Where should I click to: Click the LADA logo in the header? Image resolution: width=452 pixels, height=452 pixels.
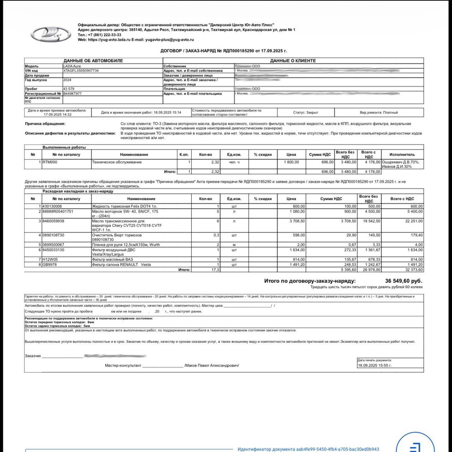46,34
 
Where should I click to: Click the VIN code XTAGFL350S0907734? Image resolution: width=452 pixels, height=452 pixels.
81,71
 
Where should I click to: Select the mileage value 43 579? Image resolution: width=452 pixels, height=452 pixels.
69,89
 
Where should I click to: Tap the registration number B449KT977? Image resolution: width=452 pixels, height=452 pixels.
72,94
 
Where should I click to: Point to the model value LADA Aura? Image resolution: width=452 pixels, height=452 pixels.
72,66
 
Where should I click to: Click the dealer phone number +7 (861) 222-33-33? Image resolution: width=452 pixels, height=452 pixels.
104,35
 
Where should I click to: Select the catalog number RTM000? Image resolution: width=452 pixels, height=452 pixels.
50,162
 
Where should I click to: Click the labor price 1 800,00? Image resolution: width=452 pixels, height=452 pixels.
291,162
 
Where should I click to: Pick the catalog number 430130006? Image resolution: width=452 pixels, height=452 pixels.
52,206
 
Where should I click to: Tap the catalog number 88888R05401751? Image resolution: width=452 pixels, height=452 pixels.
58,211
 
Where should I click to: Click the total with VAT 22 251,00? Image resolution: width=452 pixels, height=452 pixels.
414,221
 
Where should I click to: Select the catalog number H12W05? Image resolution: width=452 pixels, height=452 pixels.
50,260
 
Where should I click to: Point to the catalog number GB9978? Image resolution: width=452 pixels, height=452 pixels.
50,265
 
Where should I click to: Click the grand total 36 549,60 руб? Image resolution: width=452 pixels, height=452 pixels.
403,281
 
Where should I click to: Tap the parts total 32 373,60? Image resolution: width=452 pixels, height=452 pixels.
414,270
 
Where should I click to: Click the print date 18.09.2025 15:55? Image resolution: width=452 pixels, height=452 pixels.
375,365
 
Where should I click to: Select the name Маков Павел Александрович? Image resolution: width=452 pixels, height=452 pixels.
212,365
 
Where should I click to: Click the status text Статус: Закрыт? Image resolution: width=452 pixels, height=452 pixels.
305,112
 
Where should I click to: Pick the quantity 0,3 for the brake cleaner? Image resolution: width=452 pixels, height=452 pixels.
216,235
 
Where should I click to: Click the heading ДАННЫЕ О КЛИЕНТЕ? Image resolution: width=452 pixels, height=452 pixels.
293,61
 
